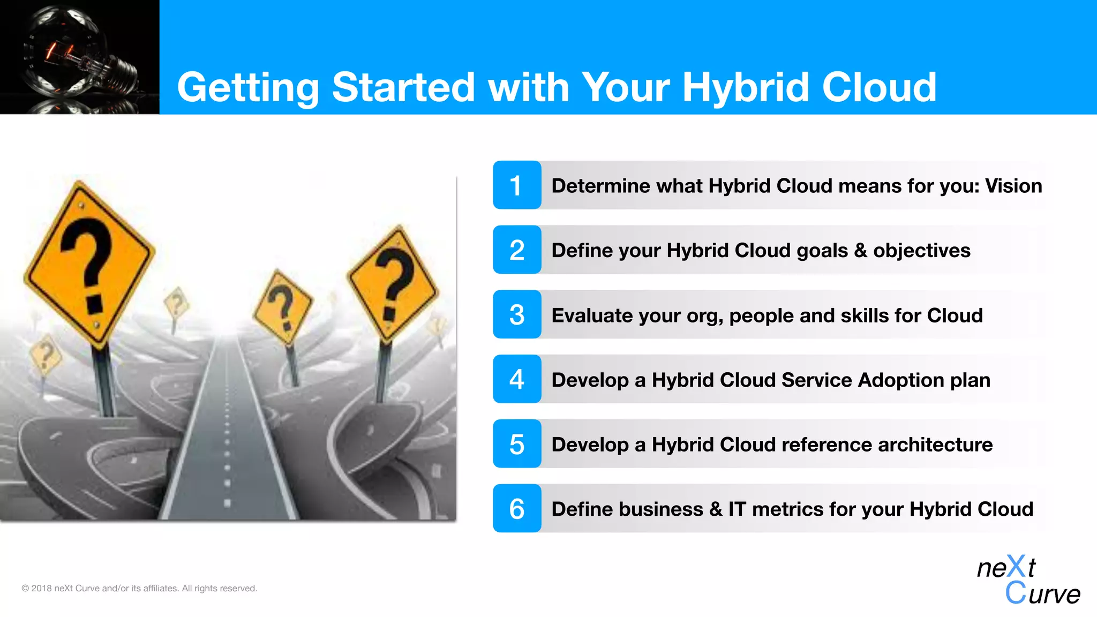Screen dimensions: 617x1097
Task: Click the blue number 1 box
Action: click(517, 185)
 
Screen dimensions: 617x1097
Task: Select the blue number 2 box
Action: click(517, 250)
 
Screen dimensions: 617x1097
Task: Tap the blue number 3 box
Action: click(517, 315)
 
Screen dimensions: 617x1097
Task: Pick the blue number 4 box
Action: click(517, 379)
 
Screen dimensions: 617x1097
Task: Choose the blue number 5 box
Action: click(517, 444)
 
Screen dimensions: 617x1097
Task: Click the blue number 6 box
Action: click(517, 508)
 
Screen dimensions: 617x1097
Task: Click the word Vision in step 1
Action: click(1013, 186)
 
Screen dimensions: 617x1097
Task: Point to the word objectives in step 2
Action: click(921, 251)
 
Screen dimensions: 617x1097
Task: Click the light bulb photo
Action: click(79, 57)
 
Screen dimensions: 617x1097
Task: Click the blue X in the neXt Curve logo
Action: click(1016, 566)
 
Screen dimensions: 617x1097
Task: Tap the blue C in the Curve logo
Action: click(1016, 593)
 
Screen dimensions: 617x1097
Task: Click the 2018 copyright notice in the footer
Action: click(139, 588)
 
